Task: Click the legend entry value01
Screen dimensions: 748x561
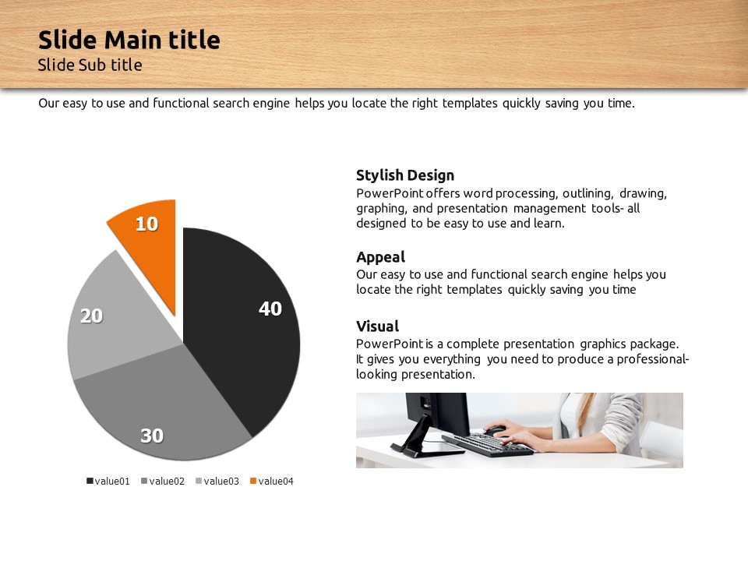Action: [108, 481]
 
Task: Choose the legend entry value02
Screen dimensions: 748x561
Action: [163, 481]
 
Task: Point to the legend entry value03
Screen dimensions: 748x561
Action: [217, 481]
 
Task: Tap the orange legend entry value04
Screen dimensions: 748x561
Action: [271, 481]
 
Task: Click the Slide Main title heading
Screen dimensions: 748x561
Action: [129, 40]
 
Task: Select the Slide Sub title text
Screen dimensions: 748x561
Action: [90, 65]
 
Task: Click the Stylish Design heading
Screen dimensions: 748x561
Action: [405, 175]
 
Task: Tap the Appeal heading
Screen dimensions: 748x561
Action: [381, 257]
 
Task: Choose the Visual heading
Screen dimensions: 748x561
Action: [377, 326]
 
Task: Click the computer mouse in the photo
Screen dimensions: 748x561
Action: [495, 430]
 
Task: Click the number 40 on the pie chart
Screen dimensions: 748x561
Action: [270, 309]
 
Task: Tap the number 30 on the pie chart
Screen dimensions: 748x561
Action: [152, 436]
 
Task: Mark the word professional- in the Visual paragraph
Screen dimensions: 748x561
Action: [653, 359]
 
